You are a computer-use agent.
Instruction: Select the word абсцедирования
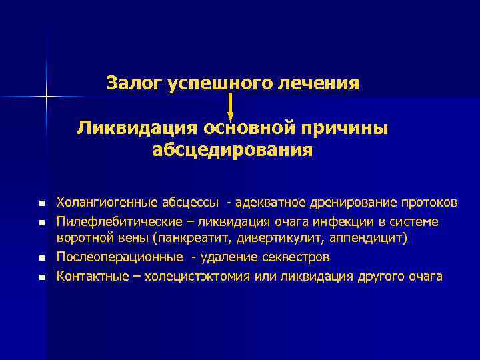click(x=232, y=149)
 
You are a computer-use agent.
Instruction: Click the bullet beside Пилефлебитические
click(x=41, y=221)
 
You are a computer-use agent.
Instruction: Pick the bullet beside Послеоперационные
click(x=41, y=257)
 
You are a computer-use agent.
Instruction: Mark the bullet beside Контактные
click(x=41, y=276)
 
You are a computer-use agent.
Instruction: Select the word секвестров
click(x=296, y=257)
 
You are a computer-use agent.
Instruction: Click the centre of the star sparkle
click(x=47, y=97)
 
